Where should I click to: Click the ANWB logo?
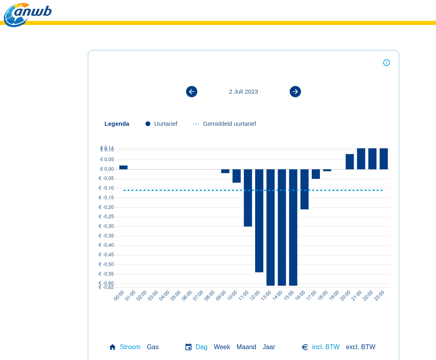point(27,14)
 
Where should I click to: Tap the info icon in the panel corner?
point(387,63)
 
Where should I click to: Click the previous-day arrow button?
point(192,92)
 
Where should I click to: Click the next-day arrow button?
point(295,92)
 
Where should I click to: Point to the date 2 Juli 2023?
point(244,92)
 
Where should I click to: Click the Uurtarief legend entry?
point(162,124)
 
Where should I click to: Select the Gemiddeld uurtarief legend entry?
point(225,124)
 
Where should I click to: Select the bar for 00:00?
point(123,168)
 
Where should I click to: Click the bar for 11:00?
point(248,198)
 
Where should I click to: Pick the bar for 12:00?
point(259,221)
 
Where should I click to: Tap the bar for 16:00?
point(305,189)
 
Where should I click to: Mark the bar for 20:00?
point(350,162)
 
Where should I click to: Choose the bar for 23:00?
point(384,159)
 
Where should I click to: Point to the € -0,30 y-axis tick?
point(106,226)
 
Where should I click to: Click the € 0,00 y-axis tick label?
point(107,169)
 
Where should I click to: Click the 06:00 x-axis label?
point(187,296)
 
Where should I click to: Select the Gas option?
point(153,347)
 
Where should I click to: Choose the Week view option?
point(222,347)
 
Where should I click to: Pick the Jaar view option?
point(269,347)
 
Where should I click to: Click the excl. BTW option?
point(360,347)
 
